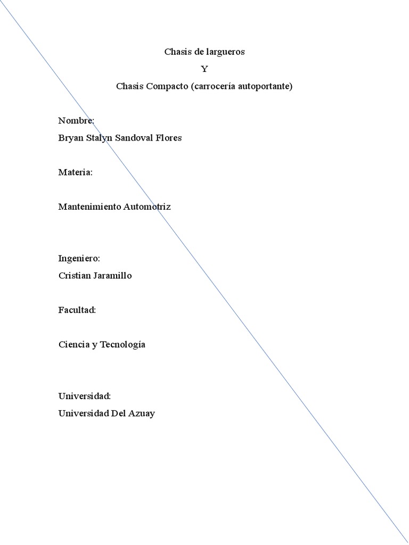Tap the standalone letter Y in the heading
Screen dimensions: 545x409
(x=204, y=69)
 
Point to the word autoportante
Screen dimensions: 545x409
(x=266, y=86)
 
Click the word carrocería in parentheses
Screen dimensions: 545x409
(x=211, y=86)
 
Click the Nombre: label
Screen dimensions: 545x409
(x=76, y=121)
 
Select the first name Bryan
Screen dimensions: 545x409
(x=71, y=138)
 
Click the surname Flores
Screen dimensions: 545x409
(x=169, y=138)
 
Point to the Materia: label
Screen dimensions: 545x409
(x=76, y=172)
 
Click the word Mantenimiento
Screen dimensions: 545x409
(x=89, y=207)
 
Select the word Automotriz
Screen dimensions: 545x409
(x=147, y=207)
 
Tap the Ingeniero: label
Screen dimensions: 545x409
(x=79, y=259)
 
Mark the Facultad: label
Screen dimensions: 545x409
(x=77, y=310)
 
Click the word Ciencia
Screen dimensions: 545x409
(x=73, y=344)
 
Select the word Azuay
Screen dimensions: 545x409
(x=141, y=414)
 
